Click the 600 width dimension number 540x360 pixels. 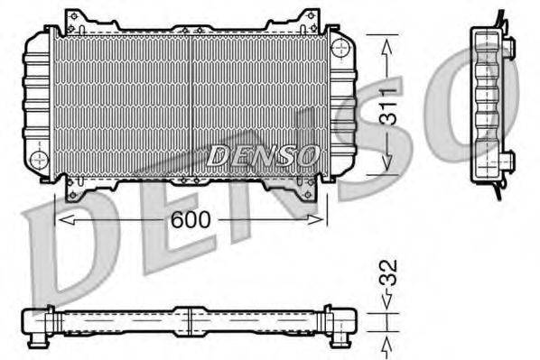[x=192, y=219]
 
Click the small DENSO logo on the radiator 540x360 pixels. [x=263, y=155]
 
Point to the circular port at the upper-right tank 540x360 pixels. [x=340, y=46]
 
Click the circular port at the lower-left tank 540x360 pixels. [x=38, y=160]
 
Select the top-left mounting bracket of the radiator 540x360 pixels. [x=79, y=17]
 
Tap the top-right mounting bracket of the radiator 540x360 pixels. [x=305, y=17]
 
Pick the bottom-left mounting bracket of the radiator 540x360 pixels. [x=79, y=187]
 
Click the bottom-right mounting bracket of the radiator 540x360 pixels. [x=305, y=187]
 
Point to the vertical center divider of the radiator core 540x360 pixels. [x=191, y=99]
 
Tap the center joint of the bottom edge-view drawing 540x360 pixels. [x=191, y=321]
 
